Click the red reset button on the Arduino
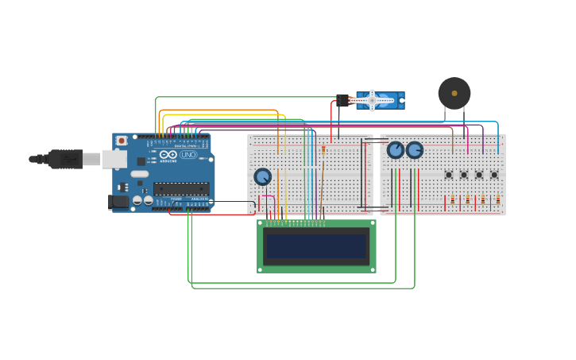(x=122, y=141)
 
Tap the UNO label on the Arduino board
(x=188, y=155)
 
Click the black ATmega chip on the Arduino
(x=181, y=188)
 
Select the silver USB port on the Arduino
(x=114, y=159)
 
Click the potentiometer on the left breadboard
(x=262, y=176)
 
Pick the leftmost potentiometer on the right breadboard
(x=396, y=149)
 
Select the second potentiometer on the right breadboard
(x=415, y=149)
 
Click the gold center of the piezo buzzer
(x=454, y=93)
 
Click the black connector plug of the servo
(x=342, y=101)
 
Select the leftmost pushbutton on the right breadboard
(x=449, y=175)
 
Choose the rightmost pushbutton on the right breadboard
(x=494, y=175)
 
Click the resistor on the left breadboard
(x=323, y=149)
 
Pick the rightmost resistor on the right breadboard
(x=498, y=200)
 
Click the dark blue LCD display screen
(x=316, y=246)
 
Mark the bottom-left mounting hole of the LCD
(x=261, y=269)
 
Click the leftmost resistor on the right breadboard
(x=453, y=200)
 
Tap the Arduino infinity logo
(x=168, y=155)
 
